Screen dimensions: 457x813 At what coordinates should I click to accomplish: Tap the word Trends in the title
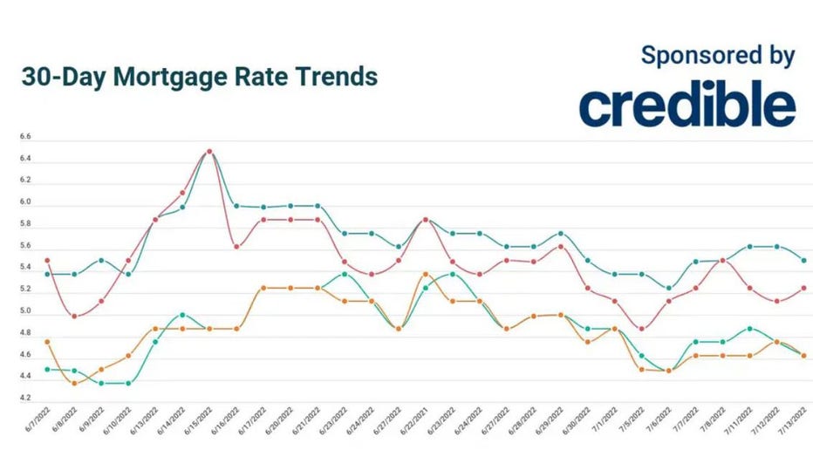(332, 76)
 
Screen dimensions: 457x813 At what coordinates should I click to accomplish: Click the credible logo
(687, 106)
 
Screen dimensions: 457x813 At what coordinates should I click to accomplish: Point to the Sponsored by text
(717, 55)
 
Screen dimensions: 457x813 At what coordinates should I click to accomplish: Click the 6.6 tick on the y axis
(24, 138)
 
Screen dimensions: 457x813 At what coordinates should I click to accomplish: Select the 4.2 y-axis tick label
(24, 399)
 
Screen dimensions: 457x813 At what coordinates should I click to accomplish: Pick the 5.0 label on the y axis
(24, 311)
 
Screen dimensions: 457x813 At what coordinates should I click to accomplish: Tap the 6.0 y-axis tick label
(24, 202)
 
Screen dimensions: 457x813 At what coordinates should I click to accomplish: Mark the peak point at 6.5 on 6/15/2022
(208, 151)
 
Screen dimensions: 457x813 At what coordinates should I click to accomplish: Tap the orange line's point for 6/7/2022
(46, 342)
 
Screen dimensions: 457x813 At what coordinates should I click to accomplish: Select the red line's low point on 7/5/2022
(641, 329)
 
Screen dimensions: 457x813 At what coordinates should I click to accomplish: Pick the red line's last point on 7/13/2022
(803, 288)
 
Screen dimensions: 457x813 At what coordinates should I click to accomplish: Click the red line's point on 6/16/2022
(236, 247)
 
